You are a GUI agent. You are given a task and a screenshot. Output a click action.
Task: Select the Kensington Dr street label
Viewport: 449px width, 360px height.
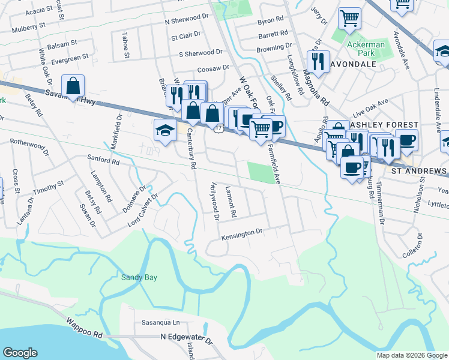pos(243,232)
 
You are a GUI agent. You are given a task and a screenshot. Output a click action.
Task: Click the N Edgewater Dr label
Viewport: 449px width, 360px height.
pos(187,339)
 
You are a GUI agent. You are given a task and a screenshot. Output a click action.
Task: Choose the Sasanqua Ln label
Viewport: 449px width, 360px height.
pos(160,322)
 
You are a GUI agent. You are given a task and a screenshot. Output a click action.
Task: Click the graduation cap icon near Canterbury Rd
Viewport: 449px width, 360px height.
pos(165,130)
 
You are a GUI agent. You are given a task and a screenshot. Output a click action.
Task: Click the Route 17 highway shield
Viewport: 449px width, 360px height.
pos(218,128)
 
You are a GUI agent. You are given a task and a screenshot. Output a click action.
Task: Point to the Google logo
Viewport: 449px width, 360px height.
pos(20,353)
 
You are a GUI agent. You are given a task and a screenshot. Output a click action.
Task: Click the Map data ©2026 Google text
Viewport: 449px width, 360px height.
pos(411,355)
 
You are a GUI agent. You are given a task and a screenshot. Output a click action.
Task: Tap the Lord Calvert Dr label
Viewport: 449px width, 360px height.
pos(142,209)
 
